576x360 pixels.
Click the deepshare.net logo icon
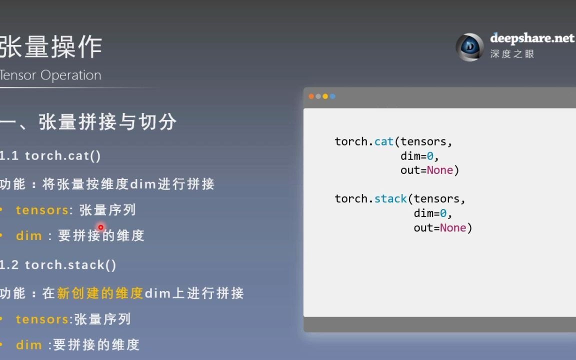coord(470,47)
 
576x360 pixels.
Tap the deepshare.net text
coord(532,38)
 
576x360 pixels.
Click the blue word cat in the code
coord(384,141)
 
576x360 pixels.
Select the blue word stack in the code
coord(390,198)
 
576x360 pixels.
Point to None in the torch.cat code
coord(439,170)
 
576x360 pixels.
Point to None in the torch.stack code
coord(453,228)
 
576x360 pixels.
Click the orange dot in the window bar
coord(311,96)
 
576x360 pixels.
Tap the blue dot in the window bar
coord(332,96)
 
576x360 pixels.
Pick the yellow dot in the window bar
coord(325,96)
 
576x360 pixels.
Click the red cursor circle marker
coord(100,227)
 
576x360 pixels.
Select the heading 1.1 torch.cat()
coord(50,156)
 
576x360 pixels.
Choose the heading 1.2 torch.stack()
coord(58,265)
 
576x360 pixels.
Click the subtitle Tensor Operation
coord(50,75)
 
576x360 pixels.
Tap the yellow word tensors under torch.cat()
coord(42,210)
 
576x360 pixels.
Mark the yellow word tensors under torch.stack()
coord(42,319)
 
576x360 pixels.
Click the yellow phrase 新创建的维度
coord(100,293)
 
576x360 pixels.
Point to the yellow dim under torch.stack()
coord(29,345)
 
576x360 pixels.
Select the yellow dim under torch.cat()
coord(29,235)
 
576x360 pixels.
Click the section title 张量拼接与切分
coord(107,122)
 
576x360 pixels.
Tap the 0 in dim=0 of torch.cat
coord(430,156)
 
